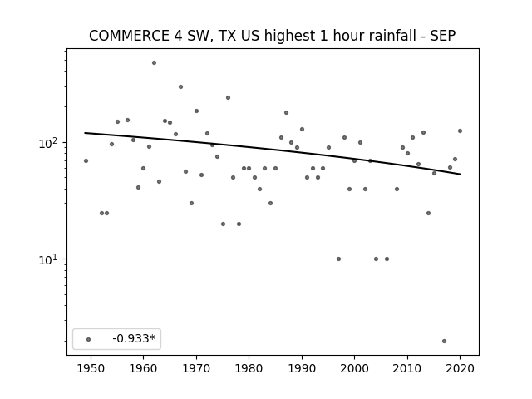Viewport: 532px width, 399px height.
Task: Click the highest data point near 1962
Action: [154, 63]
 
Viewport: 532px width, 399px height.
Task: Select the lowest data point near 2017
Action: [444, 342]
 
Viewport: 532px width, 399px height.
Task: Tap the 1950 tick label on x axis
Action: [91, 369]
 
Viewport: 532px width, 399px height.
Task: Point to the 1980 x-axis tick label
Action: [249, 369]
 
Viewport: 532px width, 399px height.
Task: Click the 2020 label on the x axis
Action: [460, 369]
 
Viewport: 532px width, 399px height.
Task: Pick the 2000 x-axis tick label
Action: [355, 369]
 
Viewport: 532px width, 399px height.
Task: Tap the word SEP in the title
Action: [443, 36]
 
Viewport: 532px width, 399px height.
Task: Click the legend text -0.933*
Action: [134, 338]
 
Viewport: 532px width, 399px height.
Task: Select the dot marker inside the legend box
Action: [88, 339]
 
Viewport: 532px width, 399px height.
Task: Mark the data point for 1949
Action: [86, 160]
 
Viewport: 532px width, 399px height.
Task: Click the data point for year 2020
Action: [460, 131]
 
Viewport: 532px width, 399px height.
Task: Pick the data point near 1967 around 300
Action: [180, 86]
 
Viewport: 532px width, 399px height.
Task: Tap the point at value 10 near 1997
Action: [338, 259]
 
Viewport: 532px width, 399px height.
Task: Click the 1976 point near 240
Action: [228, 98]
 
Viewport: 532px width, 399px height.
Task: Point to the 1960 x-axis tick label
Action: [143, 369]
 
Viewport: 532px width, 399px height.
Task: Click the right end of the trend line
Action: [461, 174]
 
